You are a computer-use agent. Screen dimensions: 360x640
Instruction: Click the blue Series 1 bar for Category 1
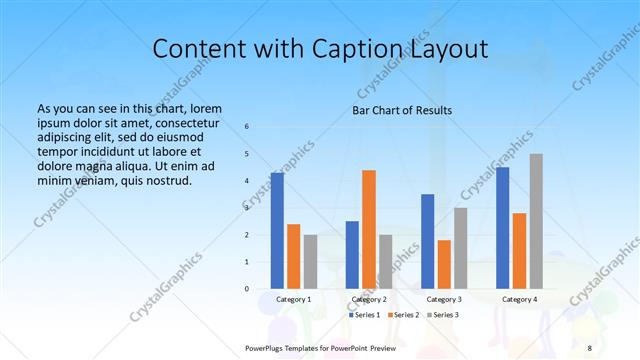click(277, 231)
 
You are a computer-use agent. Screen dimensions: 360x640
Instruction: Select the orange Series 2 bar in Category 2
click(369, 229)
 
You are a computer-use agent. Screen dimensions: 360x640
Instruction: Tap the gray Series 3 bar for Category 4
click(536, 221)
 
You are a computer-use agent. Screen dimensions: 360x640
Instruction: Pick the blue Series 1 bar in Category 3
click(427, 241)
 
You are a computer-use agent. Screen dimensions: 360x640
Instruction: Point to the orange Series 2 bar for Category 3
click(444, 264)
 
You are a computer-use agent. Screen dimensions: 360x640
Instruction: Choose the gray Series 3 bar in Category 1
click(310, 261)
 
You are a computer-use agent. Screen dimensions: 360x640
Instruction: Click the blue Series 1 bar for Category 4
click(502, 228)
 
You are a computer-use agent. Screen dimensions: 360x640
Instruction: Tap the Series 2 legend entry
click(403, 315)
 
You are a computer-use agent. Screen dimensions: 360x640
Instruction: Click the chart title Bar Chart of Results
click(402, 110)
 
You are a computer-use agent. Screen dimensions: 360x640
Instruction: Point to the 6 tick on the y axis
click(246, 126)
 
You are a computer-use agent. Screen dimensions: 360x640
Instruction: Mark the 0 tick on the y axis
click(246, 289)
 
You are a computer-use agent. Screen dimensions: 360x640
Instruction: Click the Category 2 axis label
click(369, 299)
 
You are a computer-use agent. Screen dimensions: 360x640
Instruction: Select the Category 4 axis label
click(519, 299)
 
